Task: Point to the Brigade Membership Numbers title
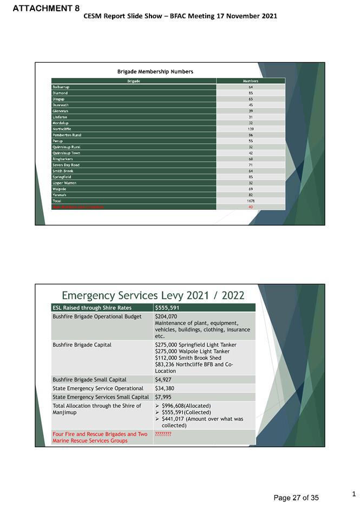pos(155,71)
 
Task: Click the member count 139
pos(251,129)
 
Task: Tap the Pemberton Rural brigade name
pos(66,135)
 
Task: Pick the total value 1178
pos(251,201)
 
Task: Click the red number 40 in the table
pos(251,207)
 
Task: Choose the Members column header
pos(251,81)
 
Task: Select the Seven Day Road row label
pos(66,164)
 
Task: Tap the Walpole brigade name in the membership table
pos(58,189)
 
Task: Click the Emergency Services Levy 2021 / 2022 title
pos(153,295)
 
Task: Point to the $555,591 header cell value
pos(167,308)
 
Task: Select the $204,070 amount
pos(166,316)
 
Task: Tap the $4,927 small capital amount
pos(164,380)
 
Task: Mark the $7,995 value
pos(164,397)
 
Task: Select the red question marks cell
pos(163,434)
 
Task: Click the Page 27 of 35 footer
pos(296,498)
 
